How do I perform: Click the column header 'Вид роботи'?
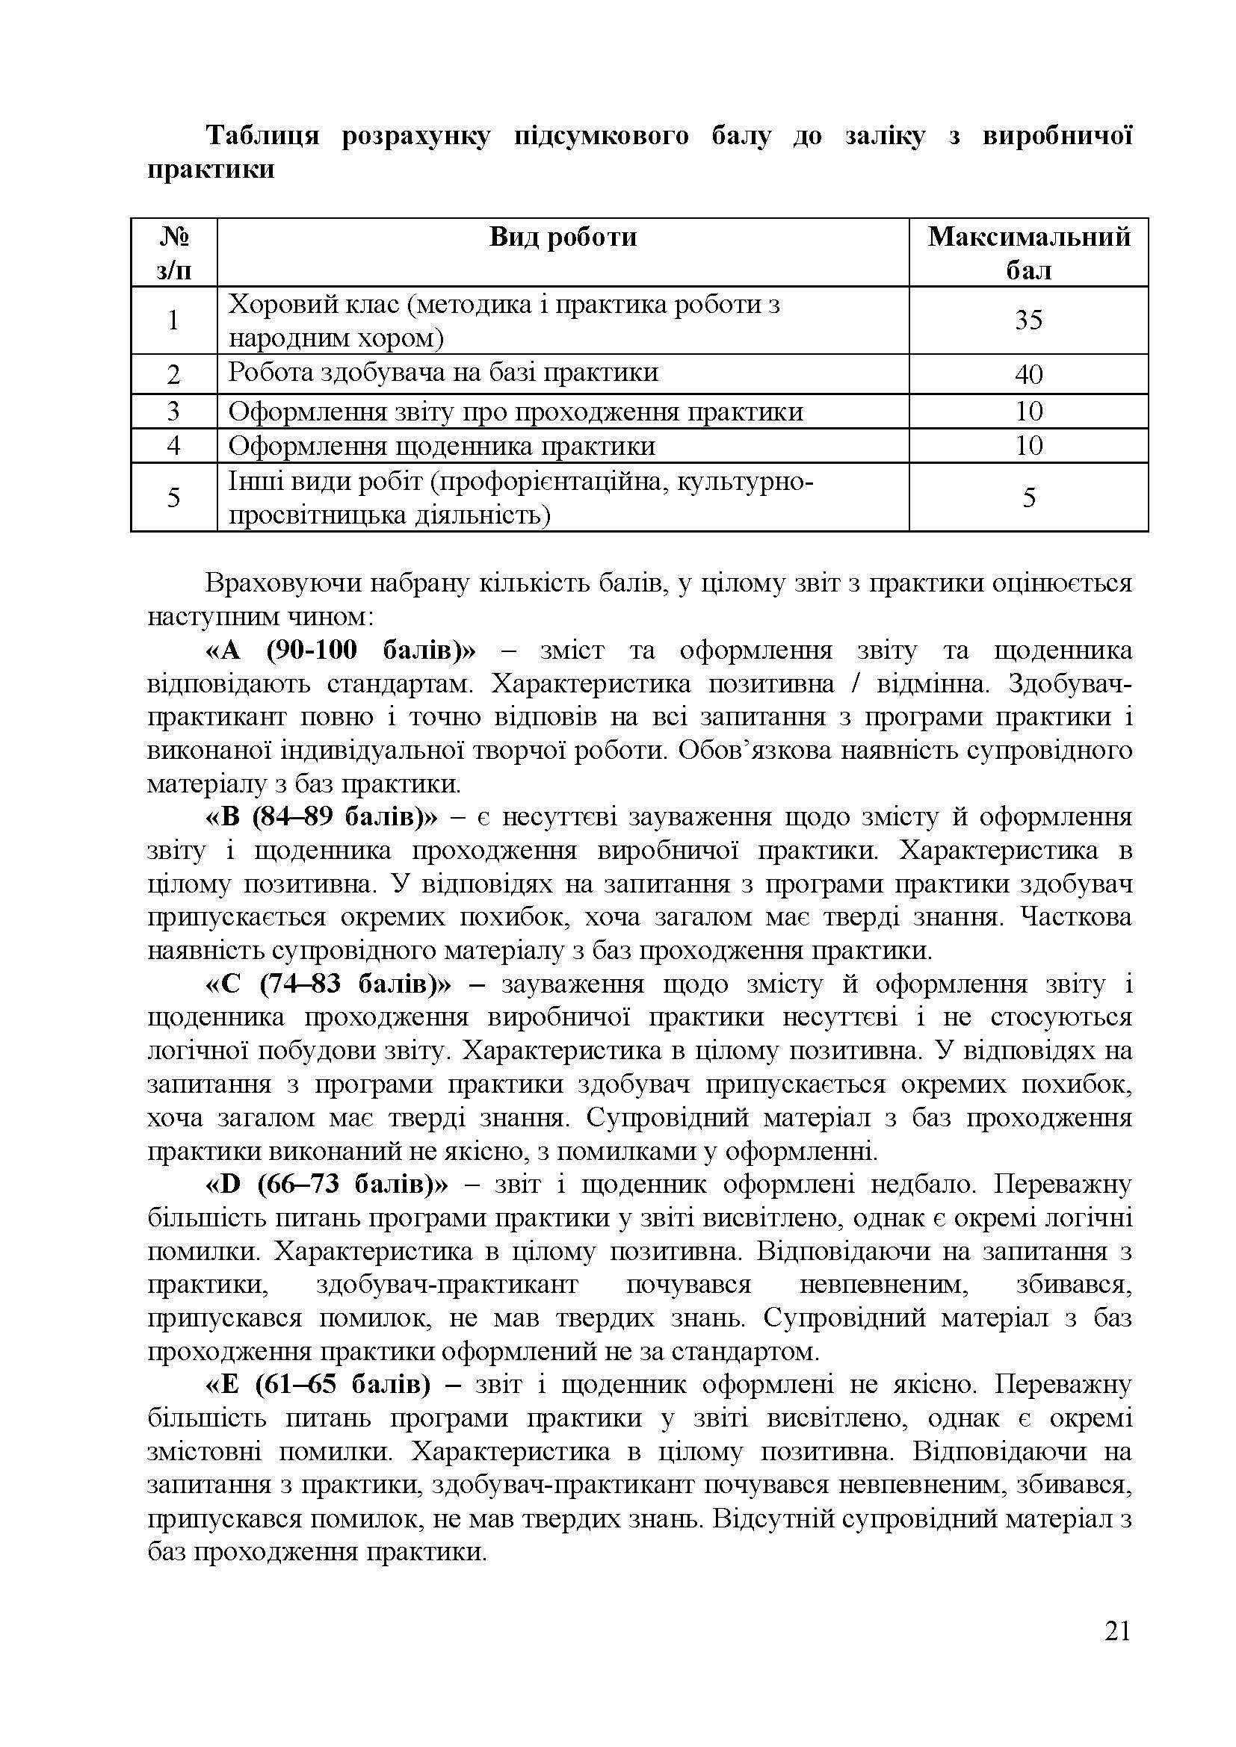[x=563, y=238]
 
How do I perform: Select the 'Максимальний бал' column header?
[x=1028, y=252]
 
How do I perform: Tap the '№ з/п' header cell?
[x=173, y=252]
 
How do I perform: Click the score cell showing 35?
[x=1028, y=320]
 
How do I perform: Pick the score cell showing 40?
[x=1028, y=374]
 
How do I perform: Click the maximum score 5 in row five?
[x=1028, y=497]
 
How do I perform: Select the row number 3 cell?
[x=173, y=412]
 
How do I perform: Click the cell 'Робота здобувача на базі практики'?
[x=443, y=373]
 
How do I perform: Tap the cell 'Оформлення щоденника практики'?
[x=442, y=446]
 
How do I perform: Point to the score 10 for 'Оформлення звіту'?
[x=1028, y=412]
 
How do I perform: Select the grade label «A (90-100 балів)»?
[x=340, y=651]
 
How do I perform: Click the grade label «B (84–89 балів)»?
[x=322, y=817]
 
